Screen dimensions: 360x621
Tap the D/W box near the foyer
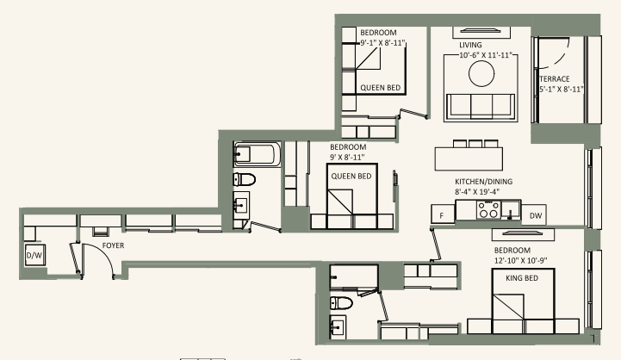click(x=34, y=256)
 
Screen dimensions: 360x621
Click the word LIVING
click(x=470, y=45)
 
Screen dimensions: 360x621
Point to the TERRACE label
click(x=555, y=78)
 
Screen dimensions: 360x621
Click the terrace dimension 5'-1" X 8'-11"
click(x=562, y=89)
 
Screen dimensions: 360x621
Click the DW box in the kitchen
click(x=536, y=214)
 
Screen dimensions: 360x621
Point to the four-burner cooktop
click(x=489, y=209)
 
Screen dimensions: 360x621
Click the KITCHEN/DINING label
click(x=483, y=183)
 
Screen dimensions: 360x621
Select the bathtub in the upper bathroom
click(x=253, y=156)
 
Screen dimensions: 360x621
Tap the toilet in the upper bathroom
click(x=244, y=180)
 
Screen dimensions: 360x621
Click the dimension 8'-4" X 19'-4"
click(x=483, y=194)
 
